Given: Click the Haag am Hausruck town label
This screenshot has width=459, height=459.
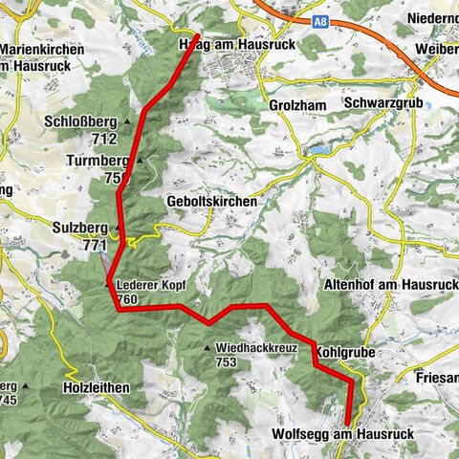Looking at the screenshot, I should tap(222, 45).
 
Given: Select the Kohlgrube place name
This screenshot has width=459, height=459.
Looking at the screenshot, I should tap(348, 352).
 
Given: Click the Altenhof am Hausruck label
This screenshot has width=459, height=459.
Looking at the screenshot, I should tap(393, 285).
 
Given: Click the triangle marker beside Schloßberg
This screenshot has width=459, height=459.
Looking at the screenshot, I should tap(125, 121).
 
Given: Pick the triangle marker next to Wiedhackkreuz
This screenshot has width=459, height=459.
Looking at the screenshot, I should tap(207, 347).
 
